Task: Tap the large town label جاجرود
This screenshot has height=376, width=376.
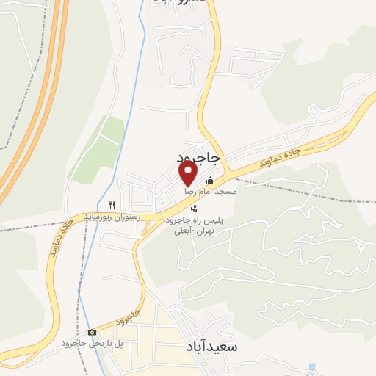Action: pyautogui.click(x=198, y=158)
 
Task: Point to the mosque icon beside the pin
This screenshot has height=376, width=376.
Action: pyautogui.click(x=211, y=181)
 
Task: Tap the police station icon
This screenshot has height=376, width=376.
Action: pyautogui.click(x=193, y=209)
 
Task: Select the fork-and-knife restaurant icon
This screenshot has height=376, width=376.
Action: pyautogui.click(x=112, y=205)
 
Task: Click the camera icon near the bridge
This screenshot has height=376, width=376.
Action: pyautogui.click(x=92, y=332)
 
